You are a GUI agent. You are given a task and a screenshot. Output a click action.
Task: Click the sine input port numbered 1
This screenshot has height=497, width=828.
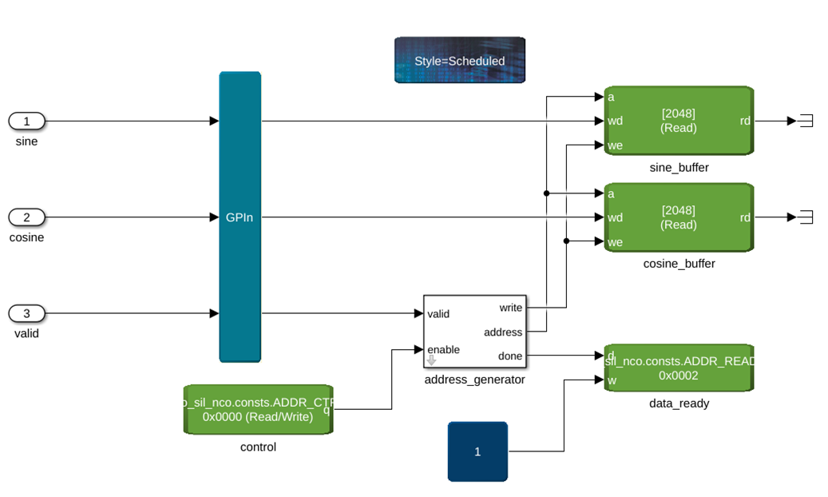point(26,121)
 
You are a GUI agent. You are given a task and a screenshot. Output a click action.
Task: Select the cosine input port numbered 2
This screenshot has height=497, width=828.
point(26,217)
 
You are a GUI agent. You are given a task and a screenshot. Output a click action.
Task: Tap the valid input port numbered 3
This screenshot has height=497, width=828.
point(26,313)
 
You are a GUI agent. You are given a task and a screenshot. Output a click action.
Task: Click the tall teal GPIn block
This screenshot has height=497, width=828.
point(240,217)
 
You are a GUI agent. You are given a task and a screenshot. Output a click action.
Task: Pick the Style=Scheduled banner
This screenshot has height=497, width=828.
point(459,60)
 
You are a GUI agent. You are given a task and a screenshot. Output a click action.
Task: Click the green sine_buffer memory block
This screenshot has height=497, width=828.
point(678,121)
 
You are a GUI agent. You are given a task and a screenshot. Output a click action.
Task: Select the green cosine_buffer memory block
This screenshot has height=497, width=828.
point(678,217)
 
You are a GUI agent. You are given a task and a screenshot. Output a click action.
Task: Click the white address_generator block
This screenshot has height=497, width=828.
point(474,331)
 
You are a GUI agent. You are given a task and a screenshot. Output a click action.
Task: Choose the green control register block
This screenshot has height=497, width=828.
point(258,410)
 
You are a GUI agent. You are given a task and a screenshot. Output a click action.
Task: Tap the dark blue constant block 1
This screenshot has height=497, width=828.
point(477,451)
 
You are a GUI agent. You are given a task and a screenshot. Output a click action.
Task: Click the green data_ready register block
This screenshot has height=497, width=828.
point(678,368)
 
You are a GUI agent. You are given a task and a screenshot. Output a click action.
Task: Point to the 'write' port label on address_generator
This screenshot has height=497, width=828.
point(510,308)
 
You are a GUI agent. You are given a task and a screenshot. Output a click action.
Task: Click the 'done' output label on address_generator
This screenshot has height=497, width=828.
point(510,356)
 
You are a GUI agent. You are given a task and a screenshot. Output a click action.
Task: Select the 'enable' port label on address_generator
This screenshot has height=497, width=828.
point(443,350)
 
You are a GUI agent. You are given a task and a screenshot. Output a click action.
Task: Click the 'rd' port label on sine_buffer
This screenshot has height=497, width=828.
point(744,121)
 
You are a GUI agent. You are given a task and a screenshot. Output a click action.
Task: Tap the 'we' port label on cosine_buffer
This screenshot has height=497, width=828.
point(615,242)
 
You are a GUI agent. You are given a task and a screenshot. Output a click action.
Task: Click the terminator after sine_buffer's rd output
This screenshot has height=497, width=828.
point(806,121)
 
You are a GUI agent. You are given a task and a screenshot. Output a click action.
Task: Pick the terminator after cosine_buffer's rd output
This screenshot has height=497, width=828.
point(806,217)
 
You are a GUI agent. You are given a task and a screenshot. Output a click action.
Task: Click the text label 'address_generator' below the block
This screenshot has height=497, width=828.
point(474,380)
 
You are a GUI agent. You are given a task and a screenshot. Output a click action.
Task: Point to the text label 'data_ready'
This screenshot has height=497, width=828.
point(679,404)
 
